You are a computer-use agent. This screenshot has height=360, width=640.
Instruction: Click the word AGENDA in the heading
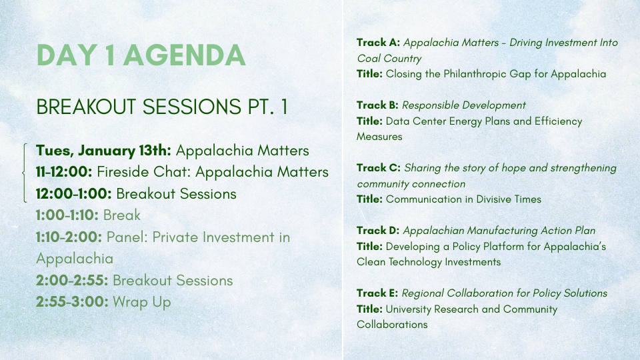click(185, 55)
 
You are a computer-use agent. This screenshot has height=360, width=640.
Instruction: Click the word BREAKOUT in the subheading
click(86, 107)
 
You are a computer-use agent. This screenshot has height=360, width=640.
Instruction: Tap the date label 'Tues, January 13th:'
click(104, 151)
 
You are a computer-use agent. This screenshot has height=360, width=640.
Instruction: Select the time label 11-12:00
click(64, 172)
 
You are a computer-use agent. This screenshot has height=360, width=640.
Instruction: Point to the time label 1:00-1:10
click(67, 215)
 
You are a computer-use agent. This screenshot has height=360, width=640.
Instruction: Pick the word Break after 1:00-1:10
click(121, 215)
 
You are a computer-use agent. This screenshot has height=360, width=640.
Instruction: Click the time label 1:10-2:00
click(69, 237)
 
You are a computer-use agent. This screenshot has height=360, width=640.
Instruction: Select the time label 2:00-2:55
click(72, 281)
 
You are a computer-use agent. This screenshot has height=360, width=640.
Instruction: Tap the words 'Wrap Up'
click(141, 303)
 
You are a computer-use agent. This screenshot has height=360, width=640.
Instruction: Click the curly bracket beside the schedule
click(24, 173)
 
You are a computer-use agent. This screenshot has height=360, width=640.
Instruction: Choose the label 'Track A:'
click(378, 43)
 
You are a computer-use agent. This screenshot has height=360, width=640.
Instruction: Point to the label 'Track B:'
click(377, 105)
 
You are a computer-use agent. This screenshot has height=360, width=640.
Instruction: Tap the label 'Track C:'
click(379, 168)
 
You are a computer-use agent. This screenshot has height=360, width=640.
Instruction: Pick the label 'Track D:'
click(378, 231)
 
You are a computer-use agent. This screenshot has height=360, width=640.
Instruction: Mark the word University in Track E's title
click(408, 309)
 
